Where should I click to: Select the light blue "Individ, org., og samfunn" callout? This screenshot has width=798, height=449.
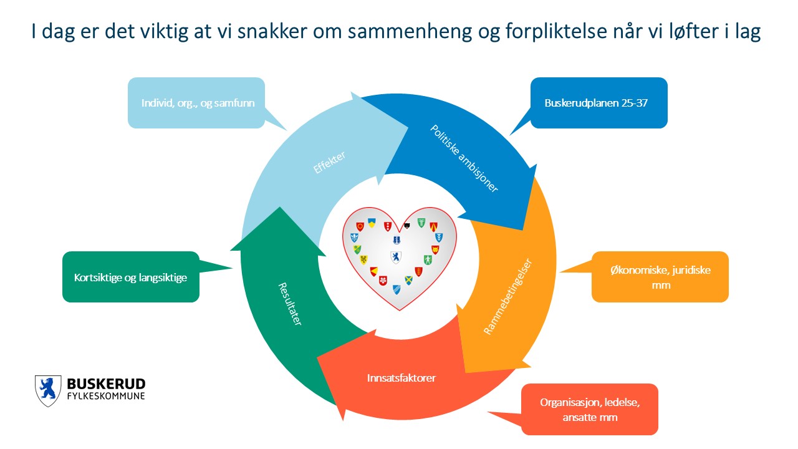[196, 103]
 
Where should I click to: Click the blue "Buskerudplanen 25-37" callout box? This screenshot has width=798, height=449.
[598, 103]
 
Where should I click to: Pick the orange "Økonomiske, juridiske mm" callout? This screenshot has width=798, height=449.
[660, 277]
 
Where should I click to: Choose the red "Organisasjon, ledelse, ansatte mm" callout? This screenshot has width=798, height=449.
[589, 409]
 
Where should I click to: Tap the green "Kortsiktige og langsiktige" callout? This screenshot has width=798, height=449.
[131, 277]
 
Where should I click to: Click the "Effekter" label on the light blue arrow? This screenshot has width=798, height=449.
[330, 163]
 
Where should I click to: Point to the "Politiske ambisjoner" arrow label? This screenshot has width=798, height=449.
[464, 158]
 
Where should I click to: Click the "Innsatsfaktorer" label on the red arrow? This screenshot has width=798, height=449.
[392, 377]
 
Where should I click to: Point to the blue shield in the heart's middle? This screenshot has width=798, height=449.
[395, 257]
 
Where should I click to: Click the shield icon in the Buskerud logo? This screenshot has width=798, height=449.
[48, 390]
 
